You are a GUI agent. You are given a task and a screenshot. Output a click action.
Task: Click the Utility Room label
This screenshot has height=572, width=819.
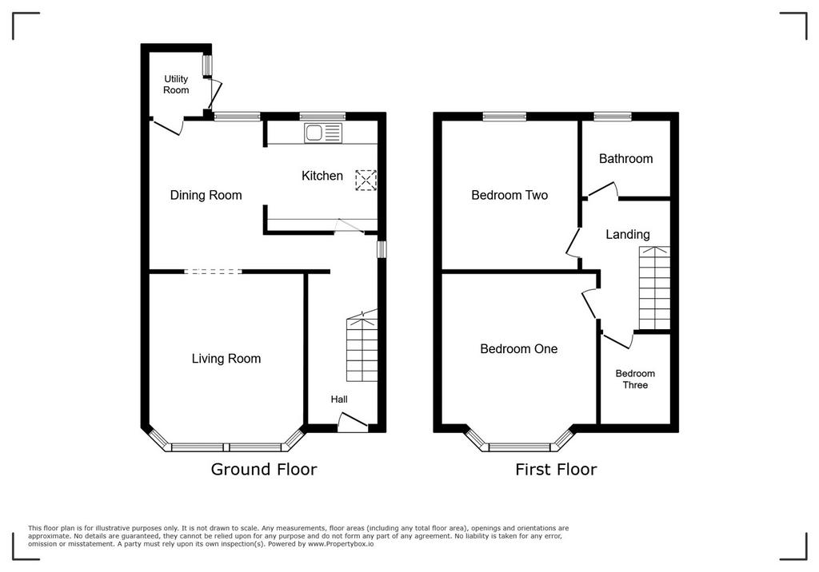(176, 85)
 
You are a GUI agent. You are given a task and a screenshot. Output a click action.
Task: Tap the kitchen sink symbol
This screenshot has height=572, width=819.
(323, 133)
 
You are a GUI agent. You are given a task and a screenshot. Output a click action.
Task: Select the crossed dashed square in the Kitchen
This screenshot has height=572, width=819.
(366, 180)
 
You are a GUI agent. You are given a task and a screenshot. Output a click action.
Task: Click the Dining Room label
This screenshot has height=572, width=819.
(206, 195)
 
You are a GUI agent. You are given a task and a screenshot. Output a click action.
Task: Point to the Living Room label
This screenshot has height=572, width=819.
(226, 359)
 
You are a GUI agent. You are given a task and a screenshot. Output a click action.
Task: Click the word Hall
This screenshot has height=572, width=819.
(339, 399)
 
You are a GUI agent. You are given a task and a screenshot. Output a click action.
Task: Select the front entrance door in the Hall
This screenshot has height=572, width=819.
(353, 423)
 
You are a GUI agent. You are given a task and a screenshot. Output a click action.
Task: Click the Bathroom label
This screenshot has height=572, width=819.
(625, 159)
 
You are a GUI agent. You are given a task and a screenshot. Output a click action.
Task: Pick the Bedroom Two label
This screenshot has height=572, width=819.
(509, 195)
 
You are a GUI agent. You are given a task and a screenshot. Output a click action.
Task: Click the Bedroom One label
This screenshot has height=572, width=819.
(518, 348)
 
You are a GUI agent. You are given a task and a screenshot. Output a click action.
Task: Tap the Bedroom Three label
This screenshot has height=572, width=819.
(635, 379)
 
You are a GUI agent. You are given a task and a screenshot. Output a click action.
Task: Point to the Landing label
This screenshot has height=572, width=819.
(628, 235)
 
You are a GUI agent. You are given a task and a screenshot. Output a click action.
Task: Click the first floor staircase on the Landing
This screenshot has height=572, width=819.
(654, 288)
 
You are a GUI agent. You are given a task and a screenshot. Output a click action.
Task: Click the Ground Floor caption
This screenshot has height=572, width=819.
(264, 469)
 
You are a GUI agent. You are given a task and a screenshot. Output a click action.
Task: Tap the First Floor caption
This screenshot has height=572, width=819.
(556, 469)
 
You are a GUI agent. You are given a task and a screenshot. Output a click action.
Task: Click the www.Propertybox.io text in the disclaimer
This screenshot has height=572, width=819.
(341, 544)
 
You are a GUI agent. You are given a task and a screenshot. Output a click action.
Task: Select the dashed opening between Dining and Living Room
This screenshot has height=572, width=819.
(213, 272)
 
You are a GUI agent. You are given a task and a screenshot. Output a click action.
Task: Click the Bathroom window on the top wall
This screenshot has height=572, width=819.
(612, 117)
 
